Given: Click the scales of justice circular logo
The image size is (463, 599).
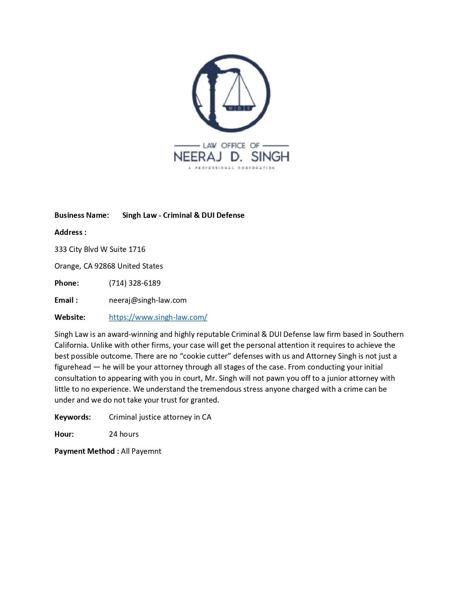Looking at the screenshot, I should pos(231,94).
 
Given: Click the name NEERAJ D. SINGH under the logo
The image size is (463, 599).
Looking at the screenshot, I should pos(231,156).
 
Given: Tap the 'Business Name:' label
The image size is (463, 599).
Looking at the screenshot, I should pos(82,215).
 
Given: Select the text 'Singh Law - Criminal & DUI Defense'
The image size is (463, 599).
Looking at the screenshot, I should pos(183,215).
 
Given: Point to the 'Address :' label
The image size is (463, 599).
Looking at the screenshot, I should pos(70,232).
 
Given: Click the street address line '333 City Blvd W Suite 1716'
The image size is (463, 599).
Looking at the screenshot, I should pos(100,249).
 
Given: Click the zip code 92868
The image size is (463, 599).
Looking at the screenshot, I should pos(105,266).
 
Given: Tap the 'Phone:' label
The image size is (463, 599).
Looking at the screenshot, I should pos(66,283).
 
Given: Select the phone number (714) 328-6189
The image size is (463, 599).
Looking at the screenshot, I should pos(135,283).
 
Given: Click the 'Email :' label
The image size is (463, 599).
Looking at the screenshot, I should pos(66,300).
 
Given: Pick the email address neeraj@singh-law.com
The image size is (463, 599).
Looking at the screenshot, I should pos(148,300).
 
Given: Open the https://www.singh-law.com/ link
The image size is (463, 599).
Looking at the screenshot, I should pos(158,317).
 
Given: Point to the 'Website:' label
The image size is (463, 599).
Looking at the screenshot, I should pos(70,317).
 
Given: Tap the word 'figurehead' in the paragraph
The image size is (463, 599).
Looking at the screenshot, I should pos(73,367).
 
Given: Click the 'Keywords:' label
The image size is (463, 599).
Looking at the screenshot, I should pos(73,417).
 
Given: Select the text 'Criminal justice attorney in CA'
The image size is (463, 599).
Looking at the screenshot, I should pos(160,417).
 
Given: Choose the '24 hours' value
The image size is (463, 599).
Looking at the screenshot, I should pos(124,434).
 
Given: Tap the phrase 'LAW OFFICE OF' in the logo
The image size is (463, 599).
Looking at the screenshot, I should pos(231,146).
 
